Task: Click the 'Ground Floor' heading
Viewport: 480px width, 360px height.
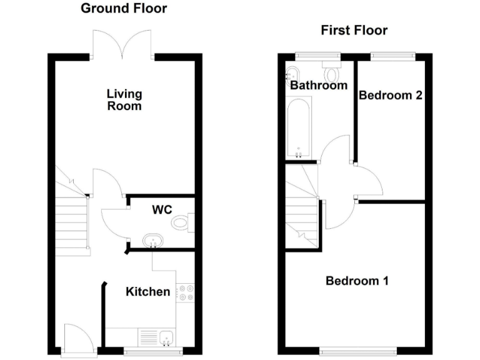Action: coord(124,9)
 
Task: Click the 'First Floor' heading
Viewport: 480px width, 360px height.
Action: coord(354,30)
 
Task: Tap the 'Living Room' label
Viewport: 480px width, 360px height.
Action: coord(124,100)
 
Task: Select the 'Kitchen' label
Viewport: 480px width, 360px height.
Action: coord(148,292)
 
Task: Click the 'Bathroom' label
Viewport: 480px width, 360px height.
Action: coord(318,85)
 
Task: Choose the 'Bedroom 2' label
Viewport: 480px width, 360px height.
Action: coord(391,95)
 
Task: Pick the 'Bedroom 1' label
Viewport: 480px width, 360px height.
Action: coord(357,281)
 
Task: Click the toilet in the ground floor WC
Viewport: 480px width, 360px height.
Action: coord(184,221)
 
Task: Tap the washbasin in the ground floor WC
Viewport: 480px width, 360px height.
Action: coord(152,241)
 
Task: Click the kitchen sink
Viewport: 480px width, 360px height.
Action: coord(167,338)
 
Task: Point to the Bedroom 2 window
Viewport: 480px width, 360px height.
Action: coord(392,56)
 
